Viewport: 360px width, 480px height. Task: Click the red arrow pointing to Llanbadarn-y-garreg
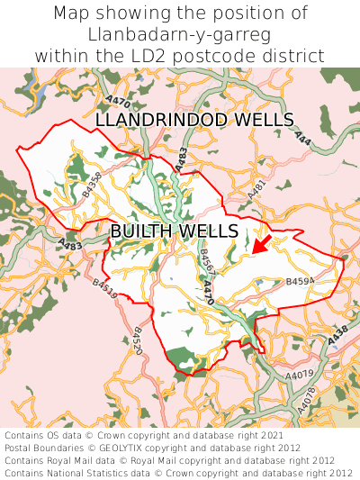click(260, 242)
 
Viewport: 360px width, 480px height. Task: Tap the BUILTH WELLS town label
click(174, 231)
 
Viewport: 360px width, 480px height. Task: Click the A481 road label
click(257, 191)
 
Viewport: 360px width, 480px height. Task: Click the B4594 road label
click(300, 282)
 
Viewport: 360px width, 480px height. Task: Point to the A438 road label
click(337, 335)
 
